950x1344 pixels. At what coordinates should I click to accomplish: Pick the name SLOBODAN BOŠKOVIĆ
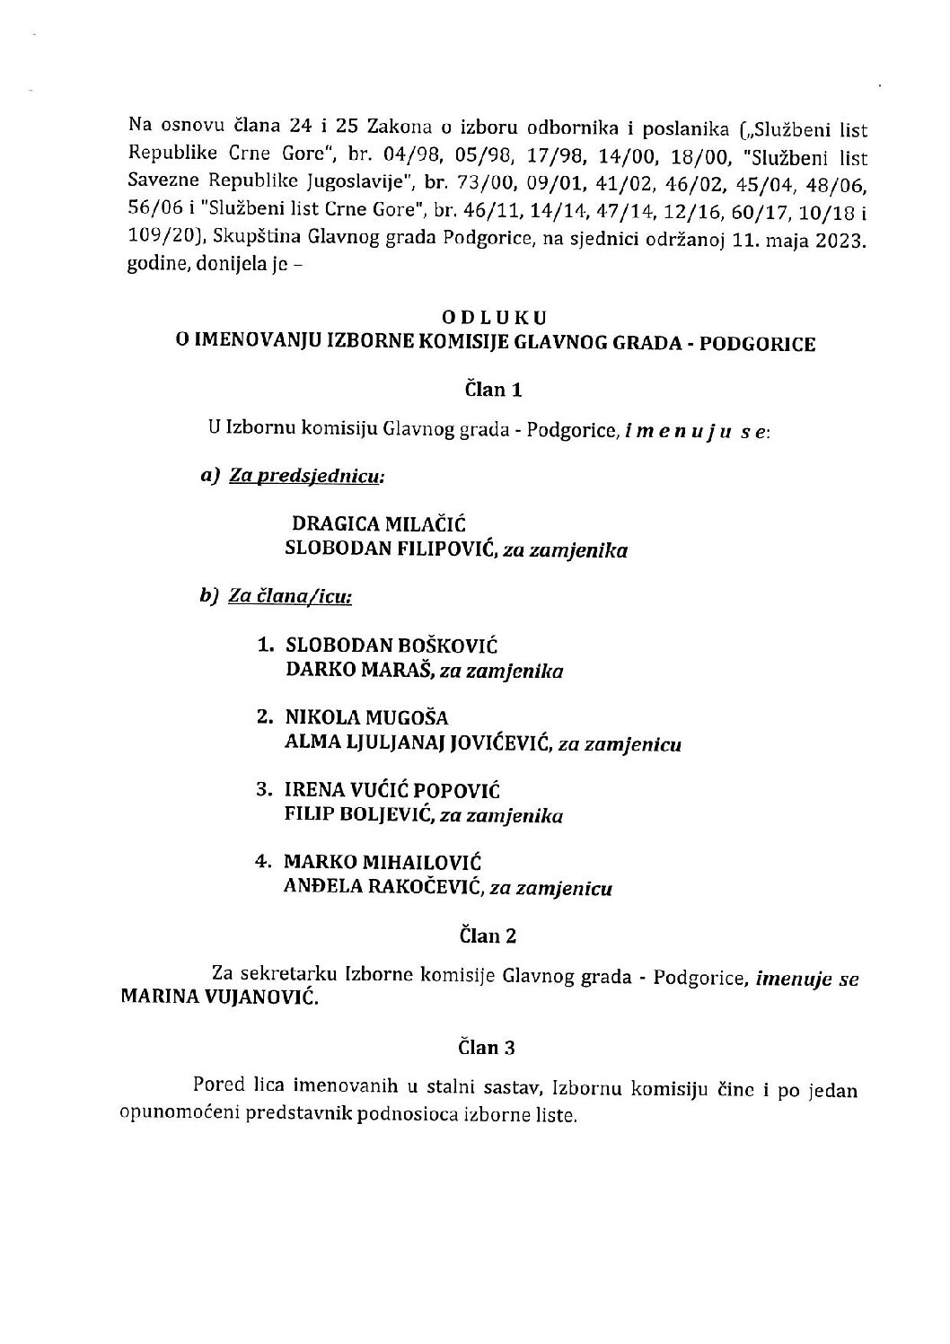(x=391, y=646)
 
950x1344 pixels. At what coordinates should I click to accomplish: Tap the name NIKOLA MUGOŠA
(x=365, y=718)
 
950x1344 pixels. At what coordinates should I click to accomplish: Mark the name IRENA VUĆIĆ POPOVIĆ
(x=391, y=791)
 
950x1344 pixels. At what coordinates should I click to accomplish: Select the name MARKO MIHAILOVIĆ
(x=383, y=863)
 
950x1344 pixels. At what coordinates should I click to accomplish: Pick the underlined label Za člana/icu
(x=290, y=596)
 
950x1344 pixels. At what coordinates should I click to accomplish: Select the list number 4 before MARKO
(x=262, y=863)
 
